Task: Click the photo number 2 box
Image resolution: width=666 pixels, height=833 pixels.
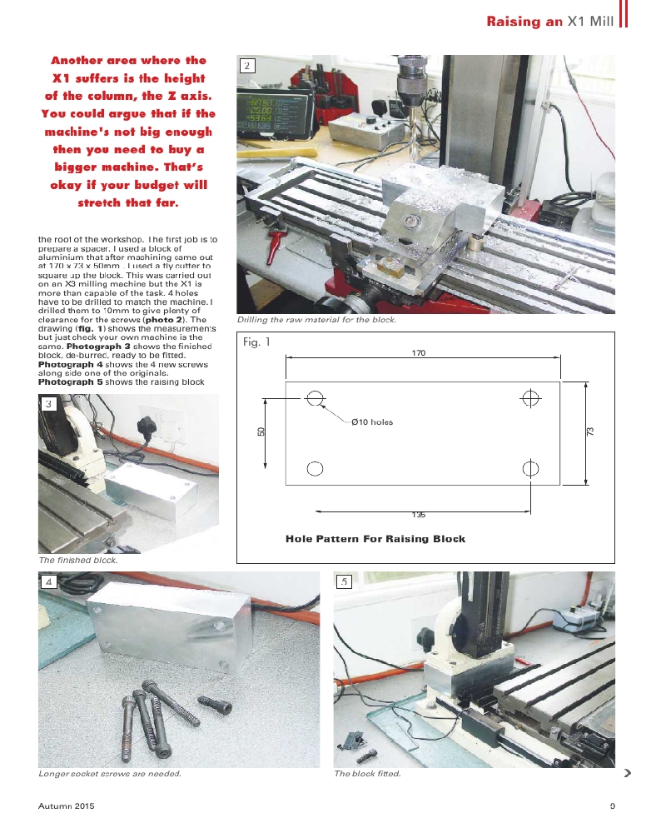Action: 246,66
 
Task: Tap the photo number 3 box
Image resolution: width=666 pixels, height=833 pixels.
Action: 49,404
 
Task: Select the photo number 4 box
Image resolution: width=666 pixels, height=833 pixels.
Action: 49,581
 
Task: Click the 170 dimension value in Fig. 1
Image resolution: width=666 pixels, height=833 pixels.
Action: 418,354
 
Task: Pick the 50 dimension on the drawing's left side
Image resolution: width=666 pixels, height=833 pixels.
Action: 261,431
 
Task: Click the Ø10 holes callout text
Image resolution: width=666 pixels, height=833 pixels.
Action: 371,422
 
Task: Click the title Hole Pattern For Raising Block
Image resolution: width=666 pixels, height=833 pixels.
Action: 375,539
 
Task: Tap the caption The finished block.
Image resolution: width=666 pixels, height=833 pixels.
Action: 78,561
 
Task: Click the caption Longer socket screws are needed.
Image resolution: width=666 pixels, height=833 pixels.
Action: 110,774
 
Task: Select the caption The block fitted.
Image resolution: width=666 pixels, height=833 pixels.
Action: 367,774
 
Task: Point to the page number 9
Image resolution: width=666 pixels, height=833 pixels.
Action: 612,806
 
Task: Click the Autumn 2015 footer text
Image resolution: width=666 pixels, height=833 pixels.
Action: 67,806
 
